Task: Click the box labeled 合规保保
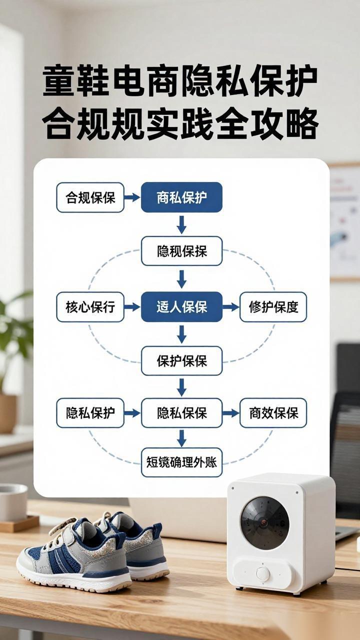tap(90, 197)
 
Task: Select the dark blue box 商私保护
tap(181, 197)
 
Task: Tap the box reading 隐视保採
tap(181, 251)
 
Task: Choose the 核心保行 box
tap(90, 306)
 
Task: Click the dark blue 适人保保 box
tap(181, 306)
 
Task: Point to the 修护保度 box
tap(273, 306)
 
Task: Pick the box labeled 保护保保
tap(181, 360)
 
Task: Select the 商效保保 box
tap(273, 413)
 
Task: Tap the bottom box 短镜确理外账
tap(181, 462)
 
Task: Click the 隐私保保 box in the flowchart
tap(181, 413)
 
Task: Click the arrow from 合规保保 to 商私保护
tap(132, 197)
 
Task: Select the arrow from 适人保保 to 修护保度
tap(230, 306)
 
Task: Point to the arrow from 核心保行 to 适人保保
tap(132, 306)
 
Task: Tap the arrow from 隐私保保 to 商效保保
tap(230, 413)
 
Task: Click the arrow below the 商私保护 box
tap(181, 224)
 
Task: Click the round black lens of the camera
tap(264, 522)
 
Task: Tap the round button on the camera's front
tap(263, 573)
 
